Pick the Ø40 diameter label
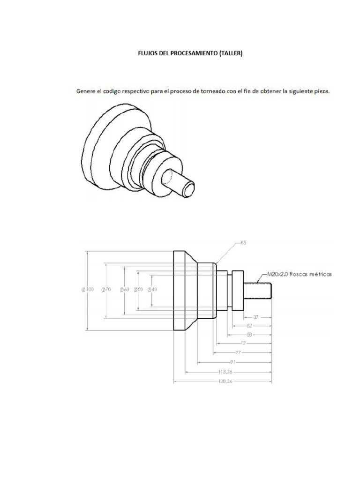click(x=152, y=290)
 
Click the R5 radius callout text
click(x=243, y=243)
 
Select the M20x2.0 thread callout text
click(x=299, y=274)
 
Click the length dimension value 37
click(x=256, y=317)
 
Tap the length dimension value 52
click(x=249, y=325)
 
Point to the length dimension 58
click(x=249, y=335)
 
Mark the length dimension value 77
click(x=238, y=352)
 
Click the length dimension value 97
click(x=233, y=362)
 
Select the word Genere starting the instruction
click(x=87, y=91)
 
